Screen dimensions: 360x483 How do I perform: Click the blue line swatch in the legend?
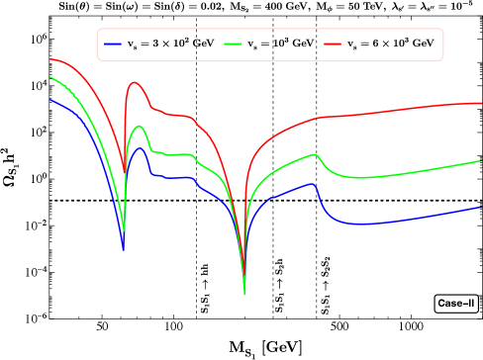coord(113,45)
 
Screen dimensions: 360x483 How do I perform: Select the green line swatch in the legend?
coord(233,45)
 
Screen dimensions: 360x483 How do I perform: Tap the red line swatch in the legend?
coord(333,45)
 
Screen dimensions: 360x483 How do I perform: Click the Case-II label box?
coord(456,304)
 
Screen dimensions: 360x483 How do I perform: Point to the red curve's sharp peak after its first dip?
coord(134,83)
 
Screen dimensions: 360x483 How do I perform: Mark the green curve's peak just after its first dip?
coord(139,126)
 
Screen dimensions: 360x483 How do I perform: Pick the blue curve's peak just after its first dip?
coord(141,148)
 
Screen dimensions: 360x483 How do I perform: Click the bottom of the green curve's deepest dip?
coord(244,294)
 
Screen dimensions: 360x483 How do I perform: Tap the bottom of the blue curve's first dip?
coord(123,249)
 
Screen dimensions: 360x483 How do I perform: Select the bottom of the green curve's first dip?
coord(124,231)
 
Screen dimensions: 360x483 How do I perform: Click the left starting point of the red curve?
coord(50,59)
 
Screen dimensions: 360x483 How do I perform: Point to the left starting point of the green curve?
coord(50,77)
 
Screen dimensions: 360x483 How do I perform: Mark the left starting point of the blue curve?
coord(50,99)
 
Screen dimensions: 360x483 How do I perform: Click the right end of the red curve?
coord(481,102)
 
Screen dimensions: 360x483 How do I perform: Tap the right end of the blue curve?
coord(481,208)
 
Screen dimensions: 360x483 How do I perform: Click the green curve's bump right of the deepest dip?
coord(315,154)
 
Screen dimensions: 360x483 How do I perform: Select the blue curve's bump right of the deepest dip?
coord(313,184)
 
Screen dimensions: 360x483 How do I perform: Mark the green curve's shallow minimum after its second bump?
coord(361,178)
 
